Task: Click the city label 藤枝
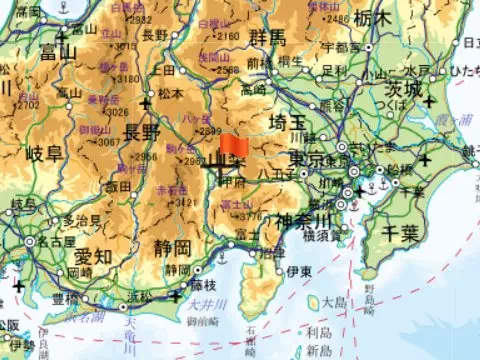(202, 285)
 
